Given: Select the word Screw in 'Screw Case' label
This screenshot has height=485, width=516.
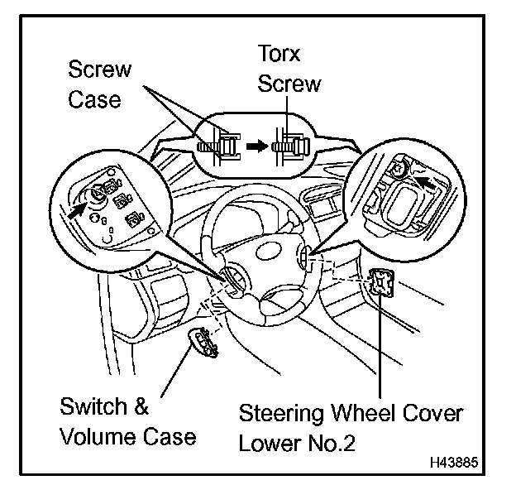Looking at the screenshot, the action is coord(99,70).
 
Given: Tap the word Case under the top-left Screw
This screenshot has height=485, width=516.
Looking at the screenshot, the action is coord(94,99).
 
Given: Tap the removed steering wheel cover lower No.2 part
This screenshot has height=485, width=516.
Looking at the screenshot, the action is coord(382,285).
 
